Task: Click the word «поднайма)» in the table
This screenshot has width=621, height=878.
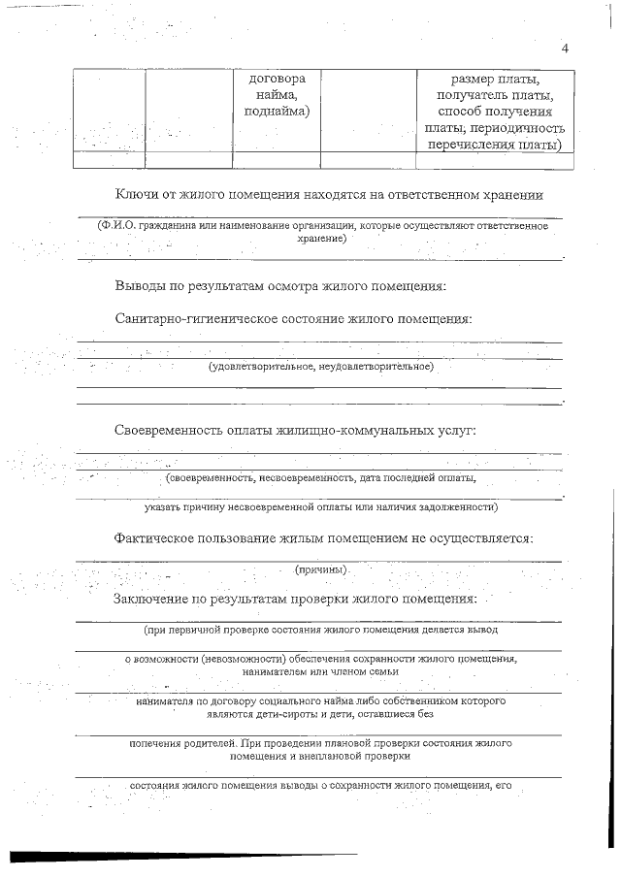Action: pos(277,113)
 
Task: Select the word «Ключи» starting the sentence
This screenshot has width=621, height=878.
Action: pos(135,194)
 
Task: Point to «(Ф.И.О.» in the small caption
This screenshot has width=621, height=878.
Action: pos(116,226)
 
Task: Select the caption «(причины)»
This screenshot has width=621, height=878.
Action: pos(319,569)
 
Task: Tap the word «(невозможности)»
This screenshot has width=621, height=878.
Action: pos(241,659)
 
